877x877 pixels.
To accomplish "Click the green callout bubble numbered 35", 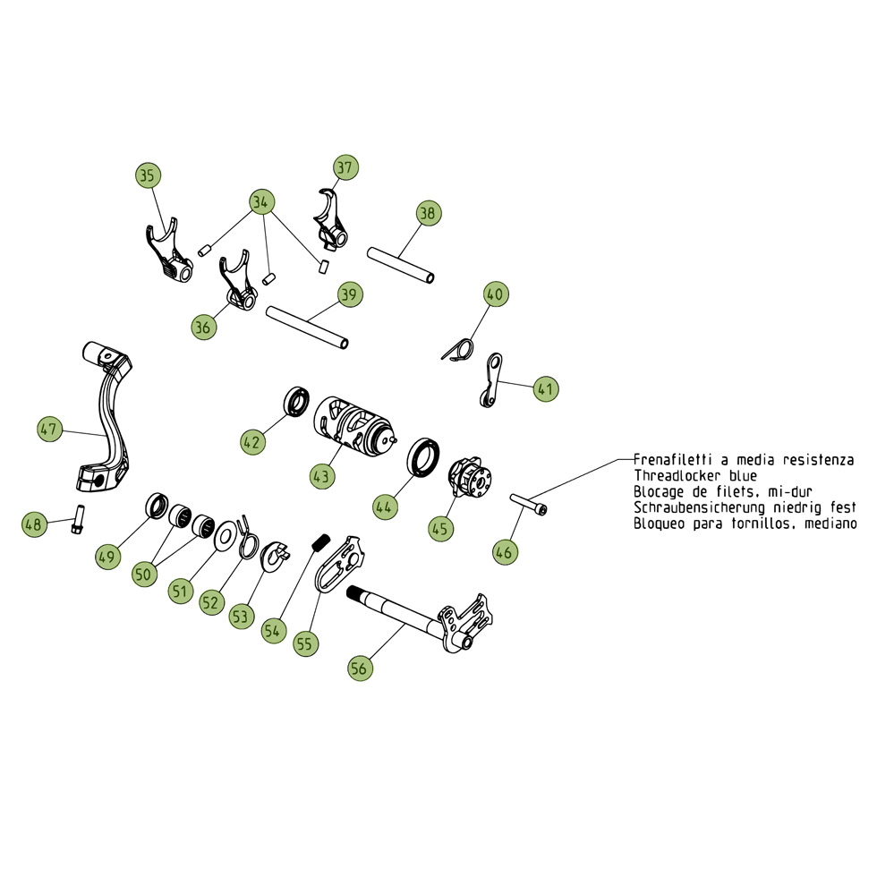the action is coord(148,175).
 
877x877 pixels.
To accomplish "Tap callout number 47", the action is coord(49,429).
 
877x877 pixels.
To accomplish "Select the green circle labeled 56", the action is coord(360,668).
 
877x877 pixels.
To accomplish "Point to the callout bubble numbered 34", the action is coord(261,202).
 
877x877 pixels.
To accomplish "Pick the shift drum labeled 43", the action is coord(354,422).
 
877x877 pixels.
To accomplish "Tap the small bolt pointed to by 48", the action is coord(77,519).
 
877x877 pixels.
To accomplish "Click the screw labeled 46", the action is coord(528,504).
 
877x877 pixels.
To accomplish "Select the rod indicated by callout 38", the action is coord(401,265).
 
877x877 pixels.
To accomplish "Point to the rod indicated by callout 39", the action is coord(307,328).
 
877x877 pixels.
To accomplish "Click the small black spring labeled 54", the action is coord(319,543).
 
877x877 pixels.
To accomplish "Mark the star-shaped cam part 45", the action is coord(470,478).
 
